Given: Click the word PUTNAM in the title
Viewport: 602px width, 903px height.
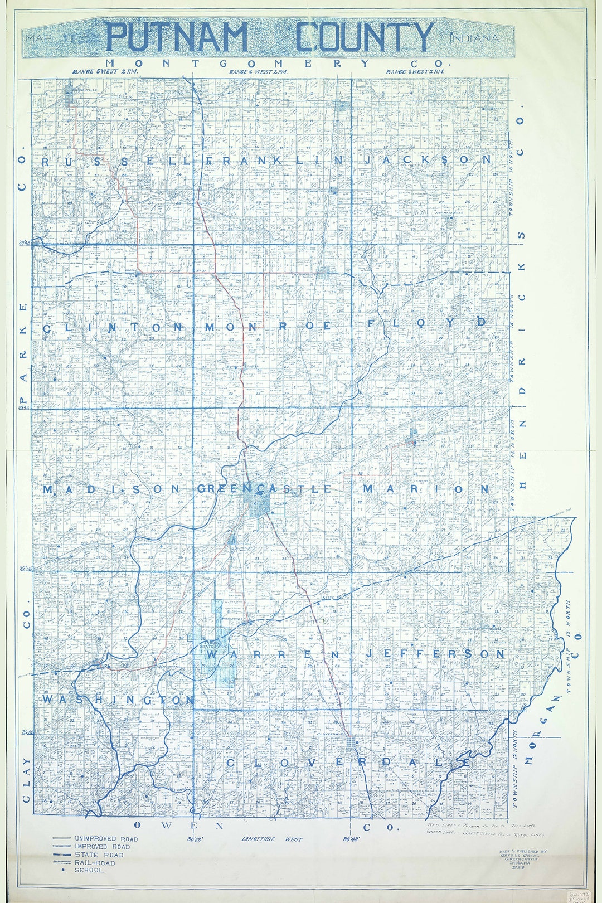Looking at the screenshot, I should [177, 37].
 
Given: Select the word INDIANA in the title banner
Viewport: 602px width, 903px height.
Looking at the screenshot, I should [473, 39].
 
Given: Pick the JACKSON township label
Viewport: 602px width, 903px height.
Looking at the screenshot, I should [428, 159].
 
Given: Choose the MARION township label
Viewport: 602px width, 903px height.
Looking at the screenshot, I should [426, 489].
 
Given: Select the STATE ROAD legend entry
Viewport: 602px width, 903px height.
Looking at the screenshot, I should [99, 855].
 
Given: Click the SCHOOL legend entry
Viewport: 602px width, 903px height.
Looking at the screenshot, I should [89, 870].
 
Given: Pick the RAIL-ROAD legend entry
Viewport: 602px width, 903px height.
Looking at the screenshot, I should [95, 862].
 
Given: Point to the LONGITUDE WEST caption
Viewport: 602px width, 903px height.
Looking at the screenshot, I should [272, 839].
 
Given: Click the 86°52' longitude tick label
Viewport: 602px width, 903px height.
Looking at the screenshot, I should [194, 838].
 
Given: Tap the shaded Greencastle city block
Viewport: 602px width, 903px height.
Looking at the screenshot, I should [258, 504].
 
